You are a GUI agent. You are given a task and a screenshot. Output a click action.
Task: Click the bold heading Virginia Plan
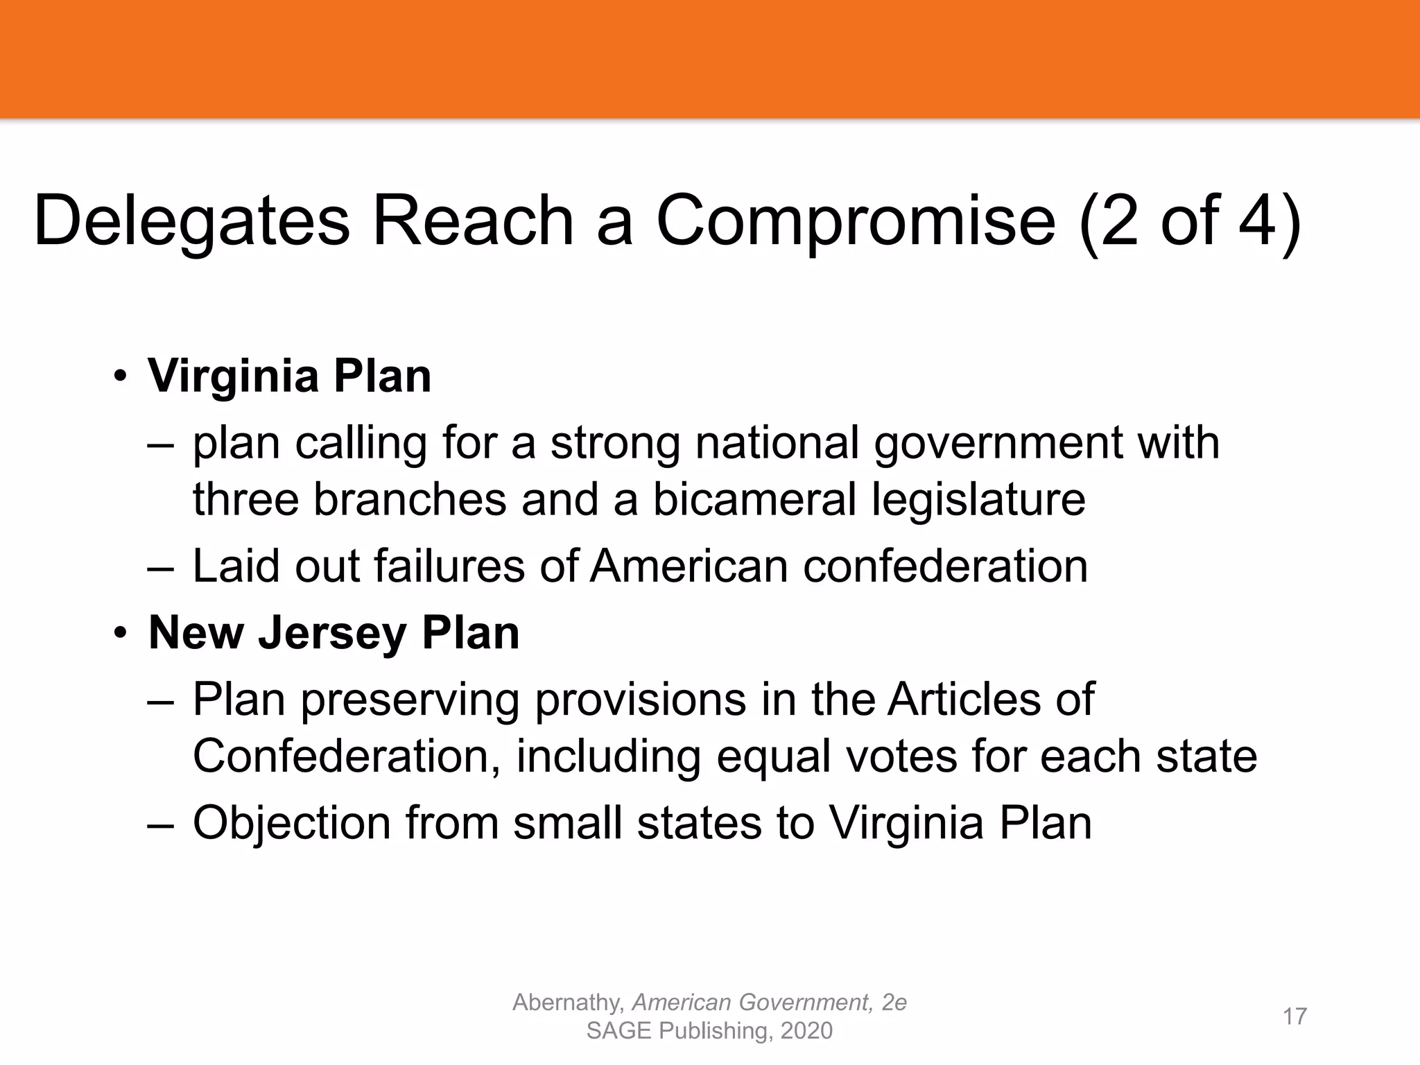(x=290, y=376)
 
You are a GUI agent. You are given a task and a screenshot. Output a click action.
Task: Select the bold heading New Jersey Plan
(x=334, y=632)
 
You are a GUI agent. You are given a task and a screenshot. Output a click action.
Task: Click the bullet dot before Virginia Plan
(x=121, y=378)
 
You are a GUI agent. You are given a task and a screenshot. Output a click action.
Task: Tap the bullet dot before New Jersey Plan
(x=121, y=634)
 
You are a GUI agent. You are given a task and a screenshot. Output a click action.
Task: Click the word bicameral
(x=754, y=499)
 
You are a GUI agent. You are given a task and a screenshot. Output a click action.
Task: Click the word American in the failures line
(x=689, y=566)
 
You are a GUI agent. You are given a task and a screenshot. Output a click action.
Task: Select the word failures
(x=449, y=566)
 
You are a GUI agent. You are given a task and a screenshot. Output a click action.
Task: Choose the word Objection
(x=292, y=823)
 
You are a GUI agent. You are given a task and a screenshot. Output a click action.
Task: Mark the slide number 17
(x=1295, y=1016)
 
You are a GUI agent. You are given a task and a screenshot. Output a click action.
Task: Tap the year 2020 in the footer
(x=806, y=1031)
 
